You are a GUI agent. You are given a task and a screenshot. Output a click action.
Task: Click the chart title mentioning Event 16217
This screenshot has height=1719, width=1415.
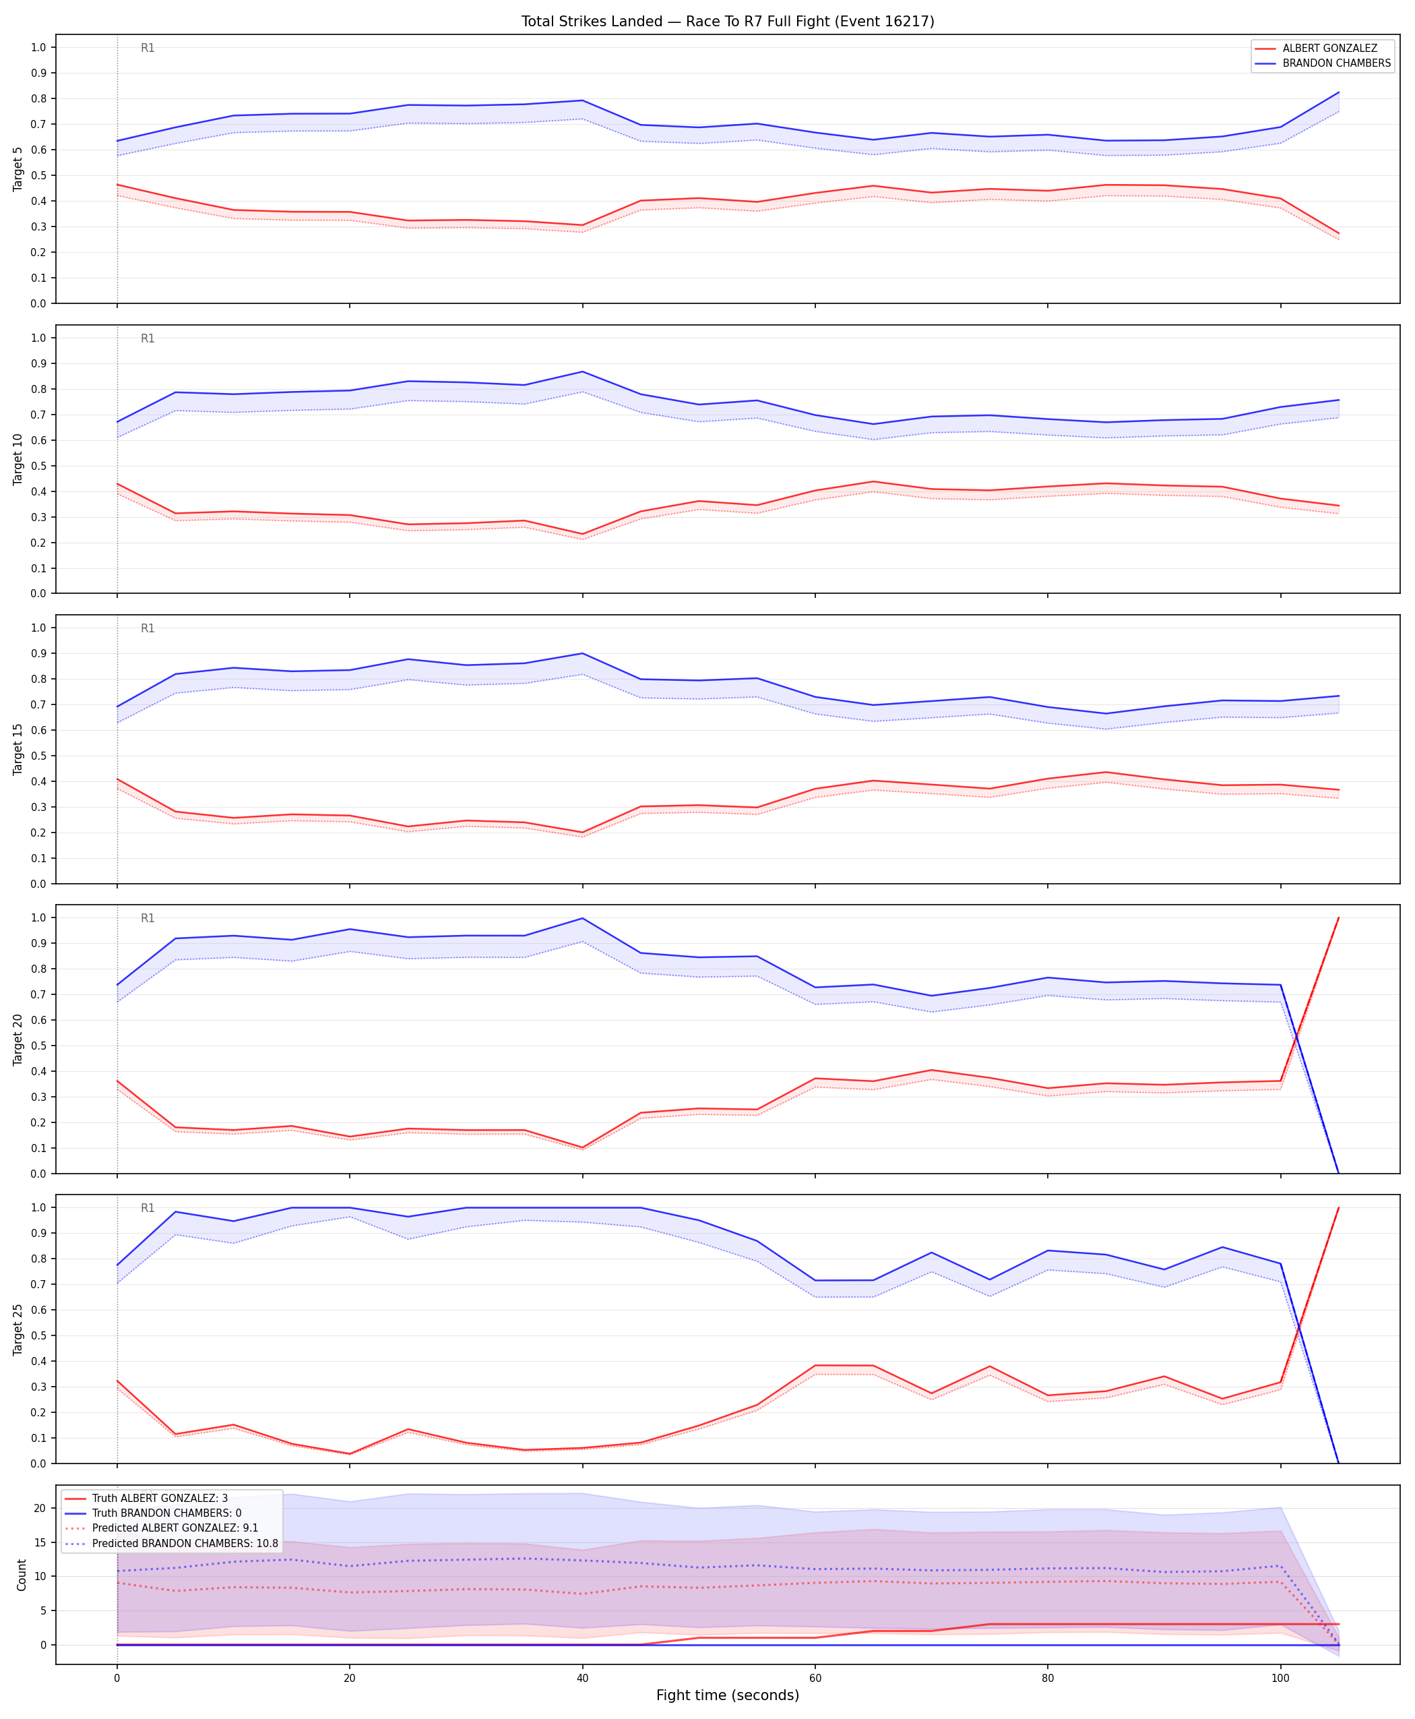(x=728, y=21)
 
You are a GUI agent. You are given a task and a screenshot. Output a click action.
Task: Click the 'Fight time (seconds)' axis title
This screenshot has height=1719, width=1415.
(x=728, y=1695)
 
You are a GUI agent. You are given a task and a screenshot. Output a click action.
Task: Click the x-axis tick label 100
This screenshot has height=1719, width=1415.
(x=1280, y=1679)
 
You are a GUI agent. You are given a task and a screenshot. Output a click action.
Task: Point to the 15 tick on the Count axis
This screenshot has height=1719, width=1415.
(x=39, y=1542)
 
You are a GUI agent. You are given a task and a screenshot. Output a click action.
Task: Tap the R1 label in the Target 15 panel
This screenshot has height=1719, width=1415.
(x=148, y=628)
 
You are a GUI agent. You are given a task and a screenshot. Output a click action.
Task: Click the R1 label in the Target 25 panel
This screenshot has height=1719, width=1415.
(x=148, y=1208)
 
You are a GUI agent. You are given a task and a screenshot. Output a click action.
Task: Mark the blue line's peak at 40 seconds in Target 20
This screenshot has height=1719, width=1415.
(x=582, y=918)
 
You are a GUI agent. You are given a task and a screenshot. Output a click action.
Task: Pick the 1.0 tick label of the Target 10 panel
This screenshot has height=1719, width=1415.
(x=38, y=338)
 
